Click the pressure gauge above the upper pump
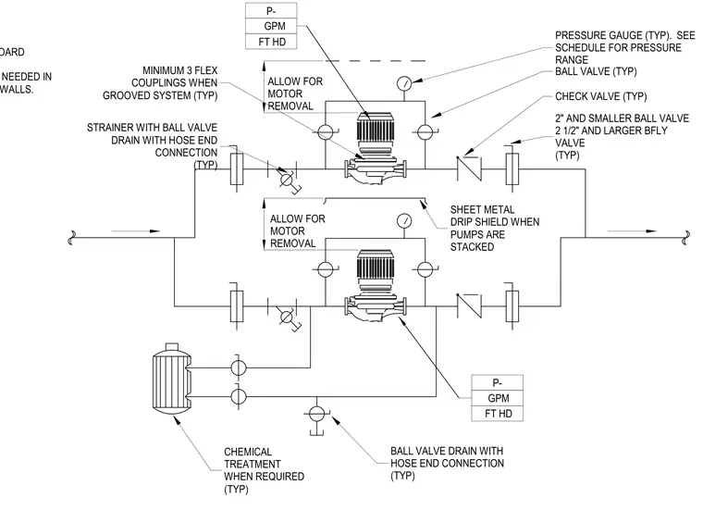(404, 83)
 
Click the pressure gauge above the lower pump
(404, 220)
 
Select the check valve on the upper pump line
(469, 169)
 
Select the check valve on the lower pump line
(469, 306)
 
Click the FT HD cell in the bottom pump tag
(498, 414)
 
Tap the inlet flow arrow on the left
(135, 231)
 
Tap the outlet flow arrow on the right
(632, 231)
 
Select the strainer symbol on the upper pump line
(287, 177)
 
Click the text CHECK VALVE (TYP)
(600, 96)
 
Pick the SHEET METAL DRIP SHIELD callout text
(495, 228)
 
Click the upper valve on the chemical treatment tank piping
(238, 367)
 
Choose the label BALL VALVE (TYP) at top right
(596, 71)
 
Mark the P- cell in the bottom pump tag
(497, 382)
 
